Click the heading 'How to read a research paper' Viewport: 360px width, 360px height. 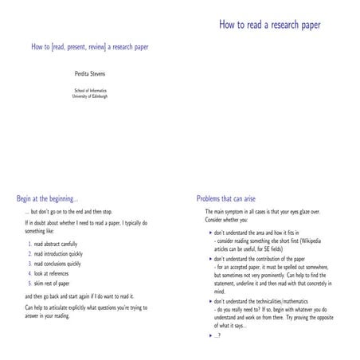coord(270,25)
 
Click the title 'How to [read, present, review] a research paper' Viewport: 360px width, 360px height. coord(90,47)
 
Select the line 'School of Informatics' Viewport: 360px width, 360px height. coord(89,90)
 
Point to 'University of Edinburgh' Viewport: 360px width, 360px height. coord(89,96)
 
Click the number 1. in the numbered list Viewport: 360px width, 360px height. coord(28,243)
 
